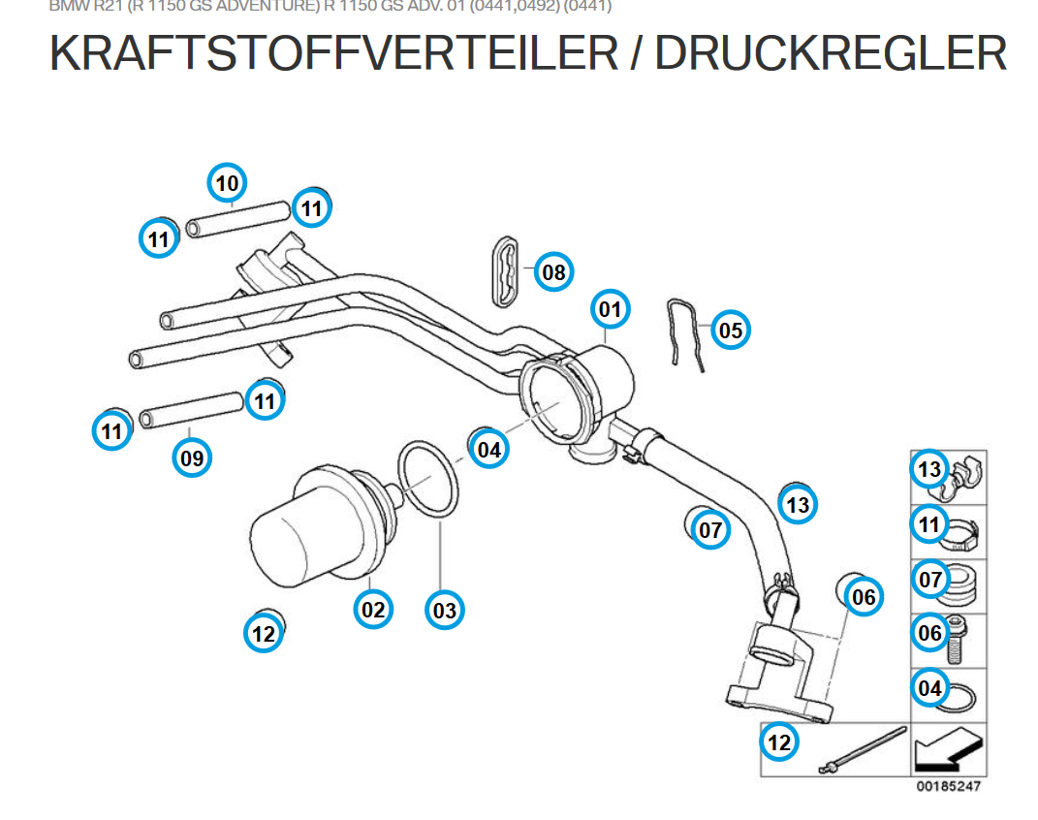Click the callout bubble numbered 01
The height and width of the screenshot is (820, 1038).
click(610, 310)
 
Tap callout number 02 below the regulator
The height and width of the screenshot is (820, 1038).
click(373, 609)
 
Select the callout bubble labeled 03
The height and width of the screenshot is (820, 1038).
click(444, 611)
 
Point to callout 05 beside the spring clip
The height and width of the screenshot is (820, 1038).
click(731, 331)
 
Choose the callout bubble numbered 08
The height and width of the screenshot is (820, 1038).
click(553, 272)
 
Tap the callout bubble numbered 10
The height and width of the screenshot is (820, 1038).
click(227, 182)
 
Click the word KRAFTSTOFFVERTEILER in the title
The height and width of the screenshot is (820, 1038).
click(333, 54)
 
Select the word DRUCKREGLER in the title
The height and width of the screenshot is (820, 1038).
click(831, 54)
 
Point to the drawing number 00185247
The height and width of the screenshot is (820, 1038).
click(948, 786)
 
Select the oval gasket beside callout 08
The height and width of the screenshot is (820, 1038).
click(503, 267)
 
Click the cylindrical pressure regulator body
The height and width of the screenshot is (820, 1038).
click(302, 533)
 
